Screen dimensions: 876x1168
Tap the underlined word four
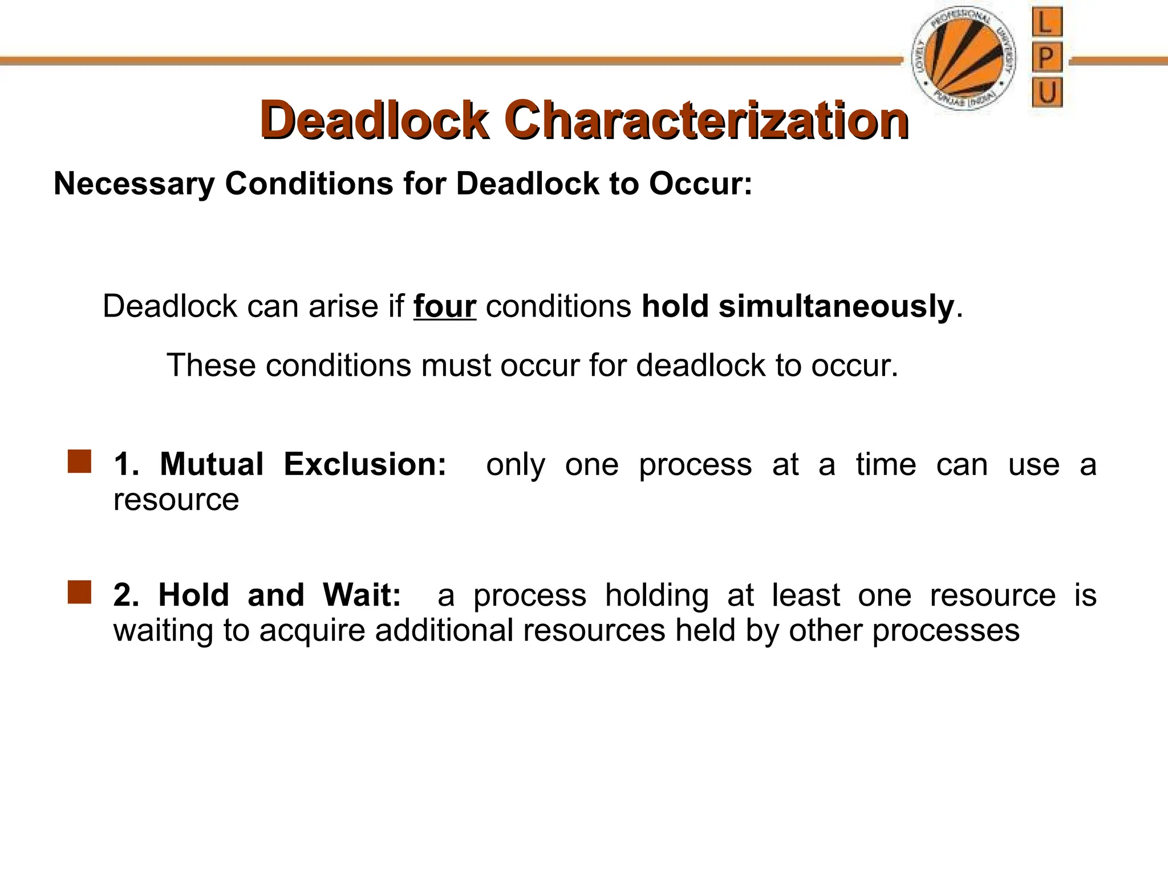tap(444, 306)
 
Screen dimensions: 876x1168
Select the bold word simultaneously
tap(836, 306)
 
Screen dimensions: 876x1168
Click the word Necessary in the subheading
tap(134, 184)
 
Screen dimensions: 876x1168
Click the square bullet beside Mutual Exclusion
tap(79, 461)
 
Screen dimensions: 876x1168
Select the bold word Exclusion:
tap(365, 464)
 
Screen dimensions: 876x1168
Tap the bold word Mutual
tap(212, 464)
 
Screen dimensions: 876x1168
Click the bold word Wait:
tap(362, 595)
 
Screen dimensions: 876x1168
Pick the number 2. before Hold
tap(126, 595)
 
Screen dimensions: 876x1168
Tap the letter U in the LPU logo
tap(1047, 92)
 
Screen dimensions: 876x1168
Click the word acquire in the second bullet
tap(312, 631)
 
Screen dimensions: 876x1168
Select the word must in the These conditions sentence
tap(455, 366)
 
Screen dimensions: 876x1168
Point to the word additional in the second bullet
tap(444, 631)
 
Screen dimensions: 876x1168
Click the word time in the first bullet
tap(886, 464)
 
